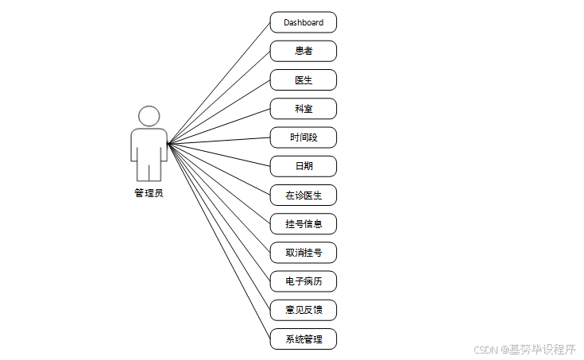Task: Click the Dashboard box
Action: [x=303, y=22]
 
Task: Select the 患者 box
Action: [x=303, y=51]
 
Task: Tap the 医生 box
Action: [x=303, y=79]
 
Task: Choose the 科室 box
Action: [x=303, y=108]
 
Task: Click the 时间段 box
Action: [x=303, y=137]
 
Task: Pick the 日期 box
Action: [x=303, y=166]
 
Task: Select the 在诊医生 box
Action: [x=303, y=195]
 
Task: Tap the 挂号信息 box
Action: [x=303, y=223]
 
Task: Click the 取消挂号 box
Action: [x=303, y=253]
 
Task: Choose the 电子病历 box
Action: [x=303, y=281]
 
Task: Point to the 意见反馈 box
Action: [x=303, y=310]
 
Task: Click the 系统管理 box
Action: [x=303, y=339]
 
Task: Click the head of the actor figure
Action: [x=149, y=116]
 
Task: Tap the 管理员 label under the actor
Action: [x=149, y=192]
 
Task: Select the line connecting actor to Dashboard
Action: [x=219, y=83]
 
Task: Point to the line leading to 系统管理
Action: [x=219, y=241]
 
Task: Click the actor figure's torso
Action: [x=149, y=147]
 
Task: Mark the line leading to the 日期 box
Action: [x=219, y=155]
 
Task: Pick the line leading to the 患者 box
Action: [x=219, y=97]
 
